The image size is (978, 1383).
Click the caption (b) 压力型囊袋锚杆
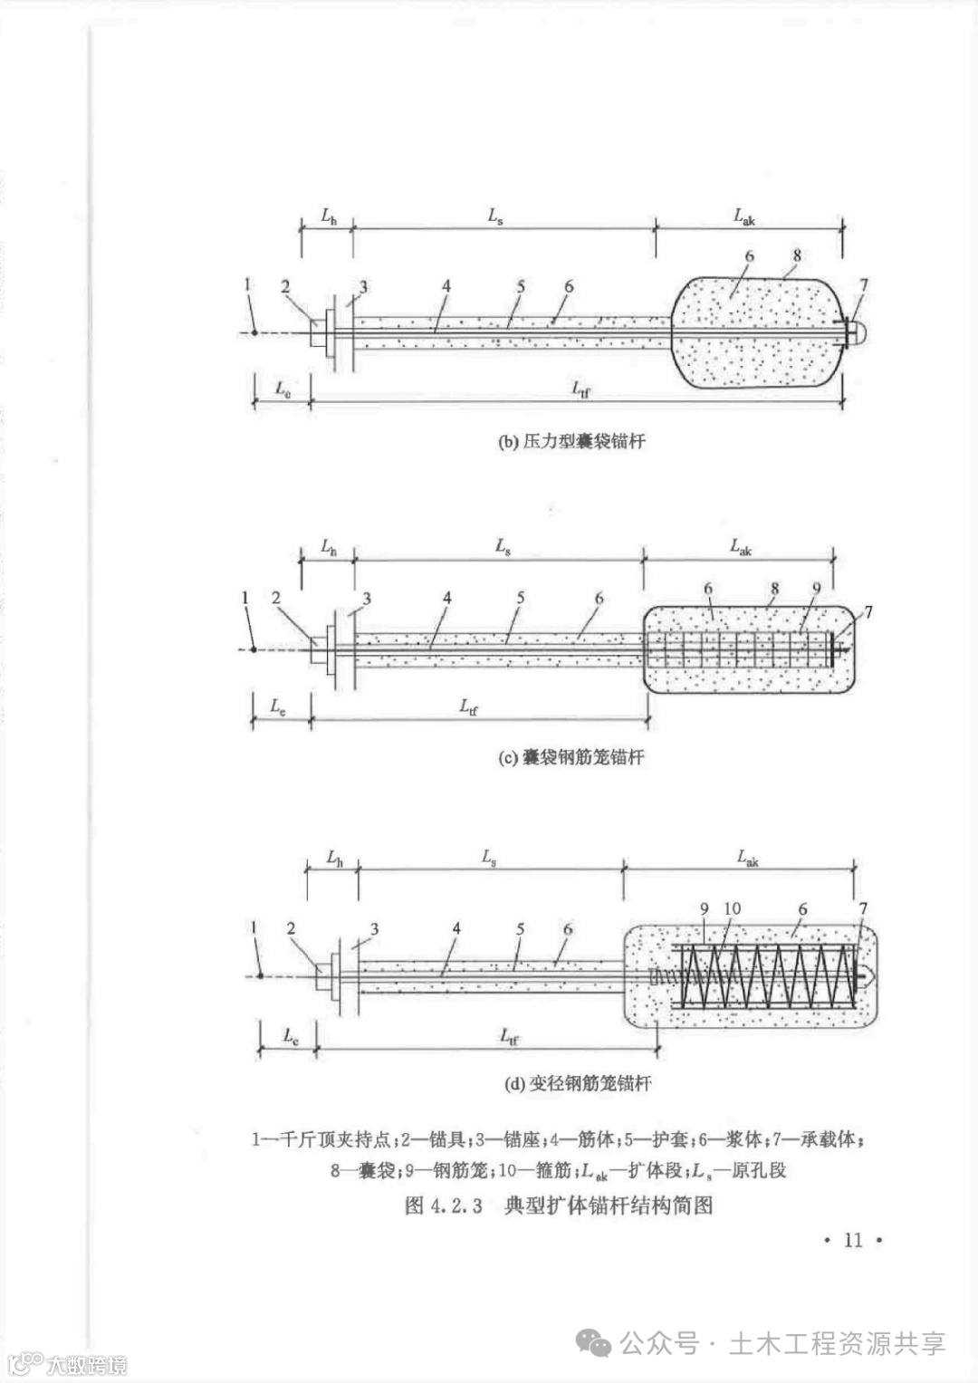pos(571,442)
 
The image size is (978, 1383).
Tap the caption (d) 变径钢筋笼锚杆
pos(577,1083)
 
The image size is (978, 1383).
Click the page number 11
pos(853,1240)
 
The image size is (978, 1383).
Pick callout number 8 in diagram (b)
pos(797,256)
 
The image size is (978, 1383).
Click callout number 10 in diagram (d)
pos(733,908)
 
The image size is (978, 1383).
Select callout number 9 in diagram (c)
pos(816,588)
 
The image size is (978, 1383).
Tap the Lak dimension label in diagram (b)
pos(744,216)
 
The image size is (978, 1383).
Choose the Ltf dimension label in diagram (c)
pos(468,706)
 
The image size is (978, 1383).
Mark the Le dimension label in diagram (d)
pos(290,1036)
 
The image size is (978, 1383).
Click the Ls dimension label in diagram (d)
pos(489,856)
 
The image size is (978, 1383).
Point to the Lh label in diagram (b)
pos(329,216)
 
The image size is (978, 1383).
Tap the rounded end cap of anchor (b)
pos(858,332)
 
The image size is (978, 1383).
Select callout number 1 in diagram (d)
pos(254,927)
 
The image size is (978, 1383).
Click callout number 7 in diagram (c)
pos(868,613)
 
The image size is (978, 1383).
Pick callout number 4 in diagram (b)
pos(446,286)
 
